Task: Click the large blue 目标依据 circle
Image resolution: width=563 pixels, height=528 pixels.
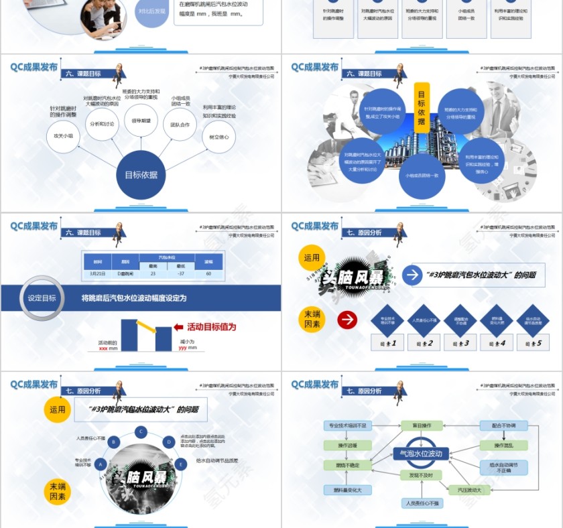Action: (x=141, y=175)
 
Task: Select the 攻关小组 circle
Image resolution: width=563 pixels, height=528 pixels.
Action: (x=64, y=136)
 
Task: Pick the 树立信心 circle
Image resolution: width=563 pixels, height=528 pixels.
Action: (x=218, y=137)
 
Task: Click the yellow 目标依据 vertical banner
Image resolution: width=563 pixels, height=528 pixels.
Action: (x=422, y=107)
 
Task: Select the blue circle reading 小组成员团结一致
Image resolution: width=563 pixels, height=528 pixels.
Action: (x=422, y=176)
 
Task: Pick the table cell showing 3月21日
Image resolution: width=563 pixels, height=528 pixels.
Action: (x=98, y=273)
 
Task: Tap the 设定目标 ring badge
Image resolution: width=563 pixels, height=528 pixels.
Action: (x=42, y=298)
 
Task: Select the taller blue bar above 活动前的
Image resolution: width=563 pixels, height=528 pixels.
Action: (x=129, y=334)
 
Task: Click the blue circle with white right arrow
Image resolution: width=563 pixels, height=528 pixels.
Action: (x=412, y=275)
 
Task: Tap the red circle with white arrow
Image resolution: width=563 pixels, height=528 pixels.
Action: (x=347, y=320)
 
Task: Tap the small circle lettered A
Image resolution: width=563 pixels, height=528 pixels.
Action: (x=101, y=464)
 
